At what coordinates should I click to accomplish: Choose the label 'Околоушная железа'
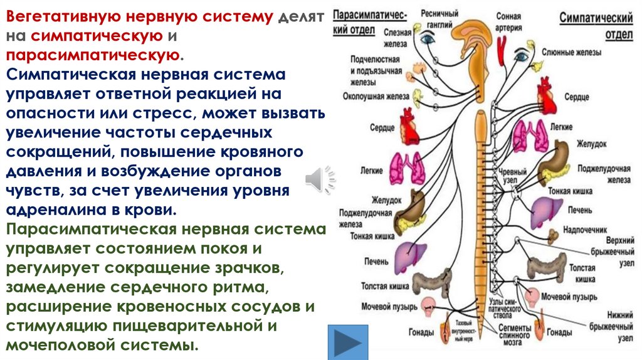tap(376, 96)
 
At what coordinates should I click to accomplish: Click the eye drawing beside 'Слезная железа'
tap(429, 38)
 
